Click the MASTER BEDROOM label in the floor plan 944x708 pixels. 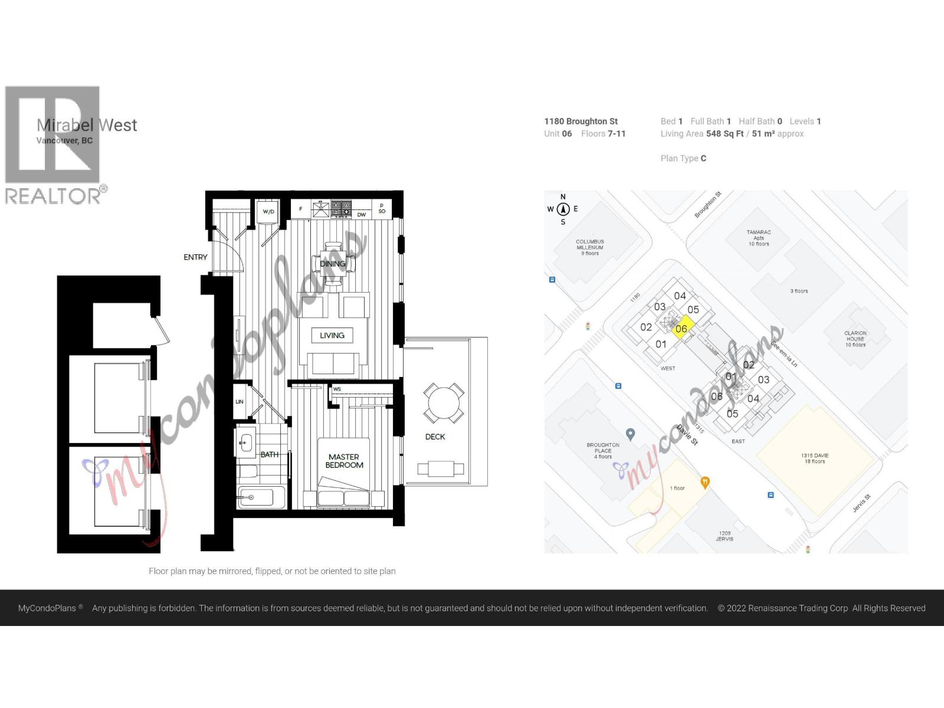coord(344,461)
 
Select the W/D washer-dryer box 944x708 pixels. coord(268,211)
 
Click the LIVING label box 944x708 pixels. coord(332,335)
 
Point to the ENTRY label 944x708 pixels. coord(195,257)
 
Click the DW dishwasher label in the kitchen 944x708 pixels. coord(362,215)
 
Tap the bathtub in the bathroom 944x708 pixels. coord(260,497)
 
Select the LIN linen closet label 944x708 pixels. coord(240,402)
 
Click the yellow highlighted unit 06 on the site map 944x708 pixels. coord(682,328)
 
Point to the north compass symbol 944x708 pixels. coord(563,209)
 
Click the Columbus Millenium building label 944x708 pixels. coord(590,247)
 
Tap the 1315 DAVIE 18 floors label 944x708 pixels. coord(814,458)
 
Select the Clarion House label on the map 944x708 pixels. coord(855,339)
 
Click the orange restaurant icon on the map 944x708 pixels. coord(704,482)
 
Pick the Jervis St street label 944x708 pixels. coord(861,503)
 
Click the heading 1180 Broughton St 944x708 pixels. coord(581,121)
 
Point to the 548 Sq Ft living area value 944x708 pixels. coord(725,134)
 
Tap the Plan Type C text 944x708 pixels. coord(683,158)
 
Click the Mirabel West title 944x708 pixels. coord(87,125)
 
